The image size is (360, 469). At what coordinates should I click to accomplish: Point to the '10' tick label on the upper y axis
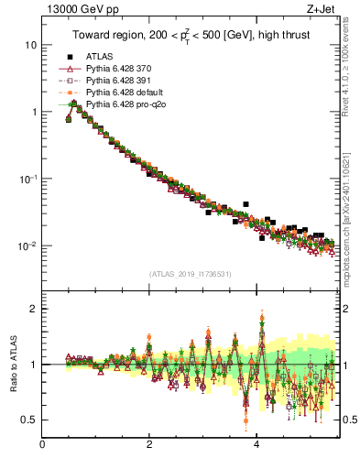[31, 45]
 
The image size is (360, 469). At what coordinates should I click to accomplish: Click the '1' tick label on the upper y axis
[34, 112]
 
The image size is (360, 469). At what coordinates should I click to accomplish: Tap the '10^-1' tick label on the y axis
[28, 179]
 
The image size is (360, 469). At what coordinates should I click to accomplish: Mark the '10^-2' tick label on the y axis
[28, 245]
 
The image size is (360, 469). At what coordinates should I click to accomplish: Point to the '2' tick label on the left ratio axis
[34, 309]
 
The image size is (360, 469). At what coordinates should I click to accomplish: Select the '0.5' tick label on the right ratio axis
[350, 420]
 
